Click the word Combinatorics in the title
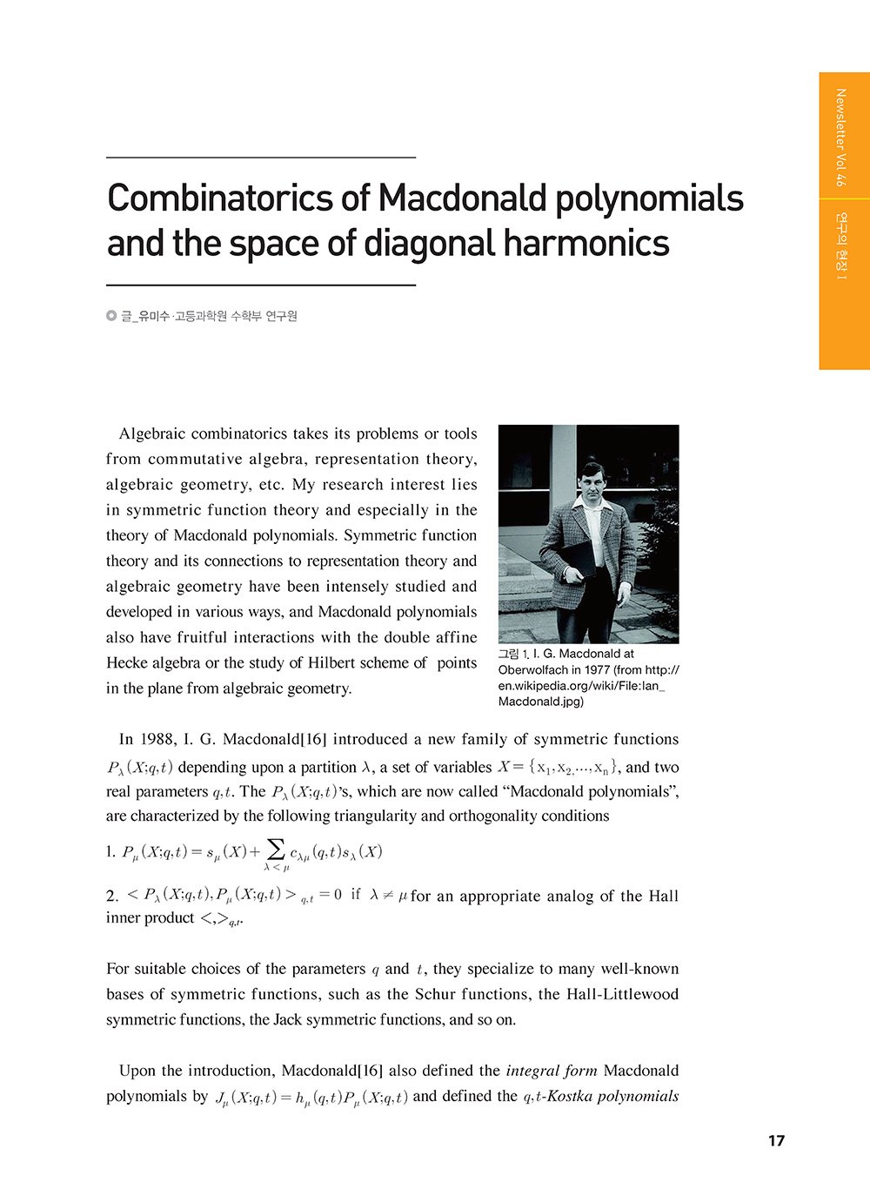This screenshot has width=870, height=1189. pyautogui.click(x=221, y=199)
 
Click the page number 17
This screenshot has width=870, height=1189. pyautogui.click(x=776, y=1140)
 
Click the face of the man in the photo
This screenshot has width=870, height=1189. pyautogui.click(x=591, y=480)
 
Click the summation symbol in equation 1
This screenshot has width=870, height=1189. pyautogui.click(x=276, y=849)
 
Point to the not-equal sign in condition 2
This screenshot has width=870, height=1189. pyautogui.click(x=389, y=895)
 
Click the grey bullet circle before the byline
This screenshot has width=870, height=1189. pyautogui.click(x=111, y=316)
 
